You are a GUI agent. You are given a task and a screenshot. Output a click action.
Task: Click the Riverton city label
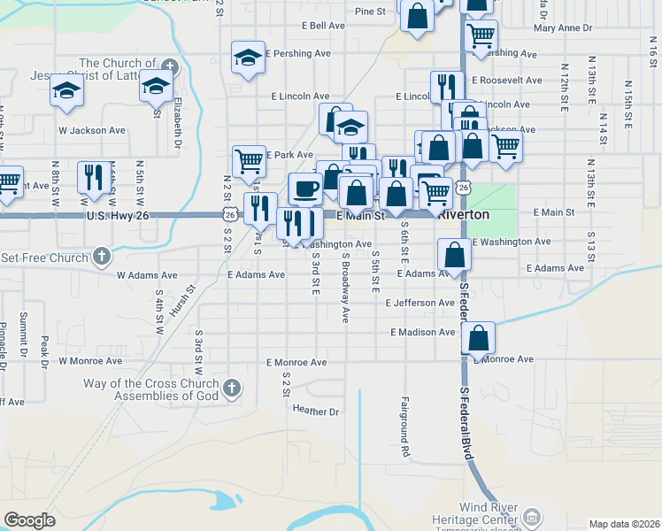464,215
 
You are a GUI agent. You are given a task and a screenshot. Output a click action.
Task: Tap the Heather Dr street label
316,412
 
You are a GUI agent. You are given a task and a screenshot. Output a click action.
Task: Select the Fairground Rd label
406,427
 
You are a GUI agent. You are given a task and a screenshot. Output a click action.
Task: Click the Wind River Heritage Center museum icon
531,516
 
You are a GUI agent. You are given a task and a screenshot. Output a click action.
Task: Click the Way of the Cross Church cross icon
232,389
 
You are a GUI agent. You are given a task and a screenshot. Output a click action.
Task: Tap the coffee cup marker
305,189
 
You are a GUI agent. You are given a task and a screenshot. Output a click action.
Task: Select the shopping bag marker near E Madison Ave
478,337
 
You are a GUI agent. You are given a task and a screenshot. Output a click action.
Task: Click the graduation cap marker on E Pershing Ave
248,58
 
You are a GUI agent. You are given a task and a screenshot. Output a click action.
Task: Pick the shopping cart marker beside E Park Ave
249,161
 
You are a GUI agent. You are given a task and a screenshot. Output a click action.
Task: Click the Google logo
29,519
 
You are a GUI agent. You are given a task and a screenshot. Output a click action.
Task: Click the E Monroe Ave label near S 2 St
296,363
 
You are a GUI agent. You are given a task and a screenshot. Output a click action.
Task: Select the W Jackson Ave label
92,130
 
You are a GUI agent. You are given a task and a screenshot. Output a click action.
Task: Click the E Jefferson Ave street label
420,303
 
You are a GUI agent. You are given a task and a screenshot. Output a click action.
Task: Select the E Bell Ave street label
323,26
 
